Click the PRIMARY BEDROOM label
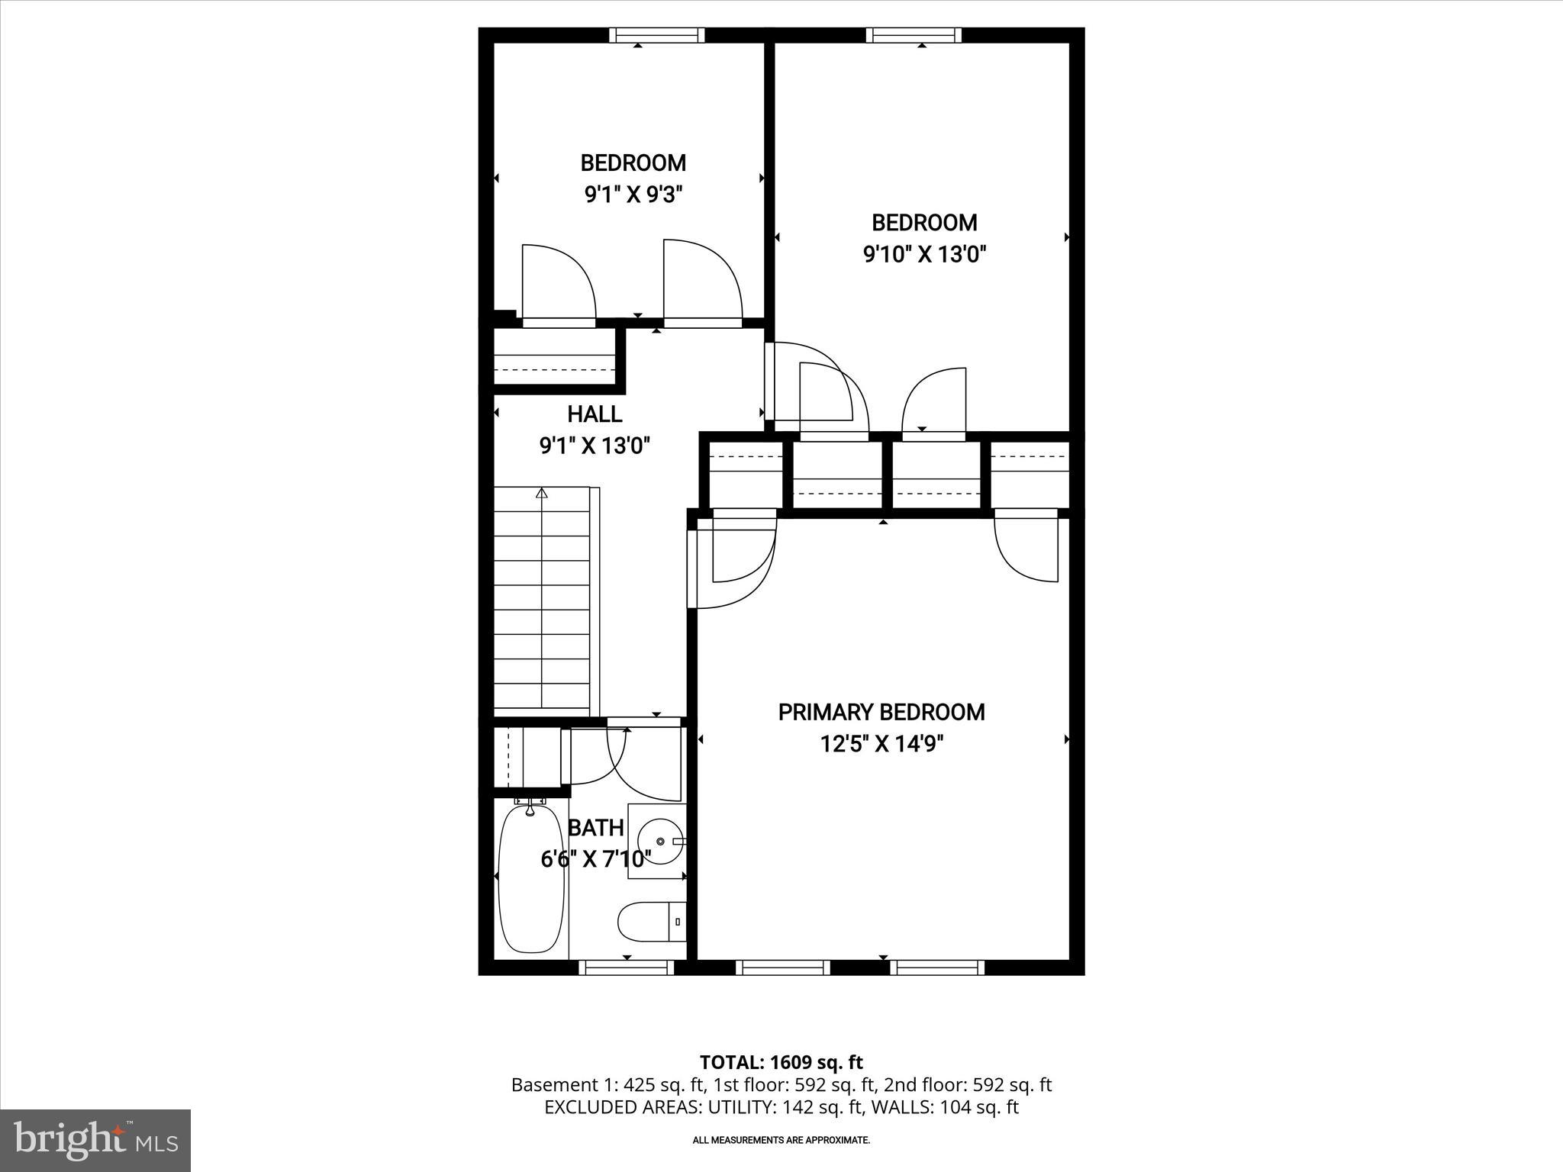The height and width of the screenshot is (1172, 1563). [881, 712]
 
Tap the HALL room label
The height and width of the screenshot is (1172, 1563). [595, 414]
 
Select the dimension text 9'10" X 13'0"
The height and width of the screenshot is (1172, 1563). [924, 254]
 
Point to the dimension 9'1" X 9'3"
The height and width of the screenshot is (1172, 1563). [633, 195]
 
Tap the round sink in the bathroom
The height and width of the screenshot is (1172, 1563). [656, 840]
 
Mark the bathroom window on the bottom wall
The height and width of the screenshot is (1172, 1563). [627, 968]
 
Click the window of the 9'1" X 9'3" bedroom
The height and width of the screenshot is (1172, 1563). [656, 35]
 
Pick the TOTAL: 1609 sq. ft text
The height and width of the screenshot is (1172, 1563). [781, 1062]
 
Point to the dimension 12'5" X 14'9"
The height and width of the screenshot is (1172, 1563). [881, 744]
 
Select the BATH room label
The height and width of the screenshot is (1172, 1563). [596, 828]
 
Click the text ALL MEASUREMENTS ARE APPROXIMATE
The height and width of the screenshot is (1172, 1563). [781, 1140]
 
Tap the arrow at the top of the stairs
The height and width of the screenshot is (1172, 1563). [542, 493]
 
